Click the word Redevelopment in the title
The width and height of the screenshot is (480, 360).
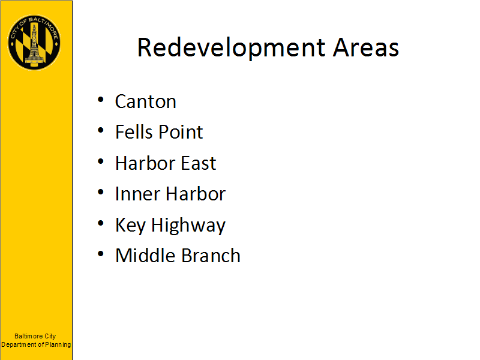pyautogui.click(x=232, y=48)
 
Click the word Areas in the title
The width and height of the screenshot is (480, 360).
pyautogui.click(x=366, y=48)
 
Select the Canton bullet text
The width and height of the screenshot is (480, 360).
pyautogui.click(x=146, y=101)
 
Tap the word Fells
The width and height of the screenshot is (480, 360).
pyautogui.click(x=133, y=132)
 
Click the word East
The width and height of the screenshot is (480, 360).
pyautogui.click(x=199, y=163)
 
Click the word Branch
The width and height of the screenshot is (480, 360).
pyautogui.click(x=211, y=256)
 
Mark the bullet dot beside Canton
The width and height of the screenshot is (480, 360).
pyautogui.click(x=101, y=100)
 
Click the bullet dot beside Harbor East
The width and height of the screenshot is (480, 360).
pyautogui.click(x=101, y=161)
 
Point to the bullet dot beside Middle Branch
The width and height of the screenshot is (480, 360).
pyautogui.click(x=101, y=254)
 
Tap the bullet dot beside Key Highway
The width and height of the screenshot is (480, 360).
pyautogui.click(x=101, y=223)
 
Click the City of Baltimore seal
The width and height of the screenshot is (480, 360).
pyautogui.click(x=34, y=43)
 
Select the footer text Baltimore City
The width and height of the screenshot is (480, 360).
pyautogui.click(x=35, y=336)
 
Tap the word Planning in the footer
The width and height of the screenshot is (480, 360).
pyautogui.click(x=58, y=344)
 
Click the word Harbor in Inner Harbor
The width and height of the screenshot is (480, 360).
pyautogui.click(x=196, y=194)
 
